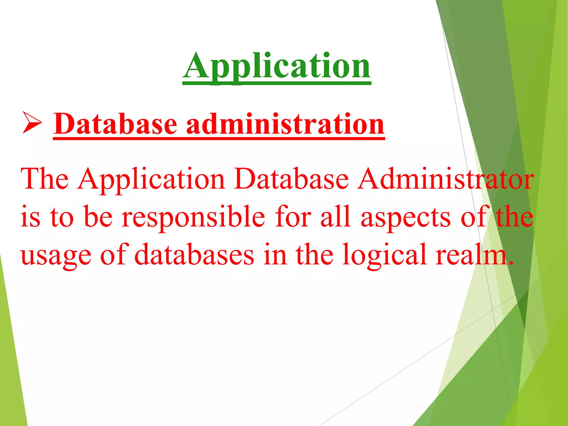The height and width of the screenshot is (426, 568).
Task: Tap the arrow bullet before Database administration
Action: tap(32, 123)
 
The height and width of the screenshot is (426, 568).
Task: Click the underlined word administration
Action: tap(285, 124)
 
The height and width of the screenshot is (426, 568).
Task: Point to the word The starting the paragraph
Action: tap(45, 179)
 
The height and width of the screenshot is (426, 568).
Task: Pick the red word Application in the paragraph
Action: tap(151, 180)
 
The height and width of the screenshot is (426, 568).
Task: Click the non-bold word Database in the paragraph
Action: tap(291, 179)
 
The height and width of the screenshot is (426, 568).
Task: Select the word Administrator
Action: tap(445, 179)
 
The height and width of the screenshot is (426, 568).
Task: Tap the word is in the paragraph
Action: tap(30, 217)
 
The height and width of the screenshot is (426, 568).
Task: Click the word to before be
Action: tap(62, 217)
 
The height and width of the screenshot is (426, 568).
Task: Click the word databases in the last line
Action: tap(194, 255)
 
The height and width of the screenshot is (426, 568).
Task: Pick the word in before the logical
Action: tap(275, 255)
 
